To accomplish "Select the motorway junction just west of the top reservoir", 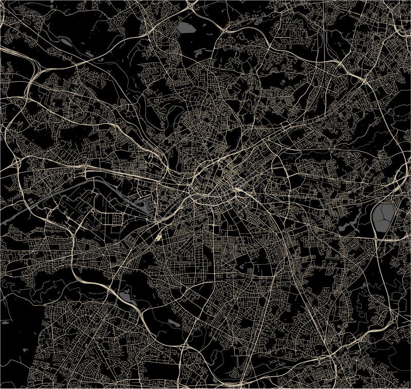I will tap(154, 21).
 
